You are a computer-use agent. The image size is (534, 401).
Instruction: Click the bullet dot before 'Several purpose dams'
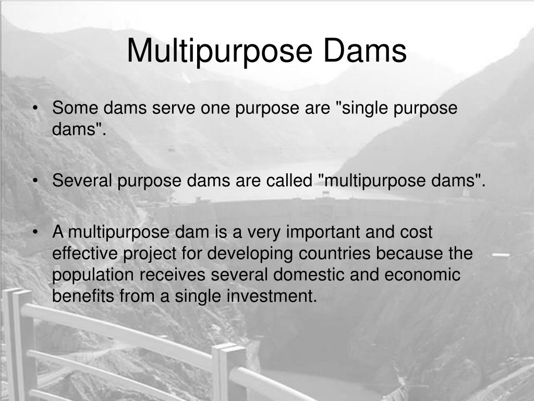(x=35, y=181)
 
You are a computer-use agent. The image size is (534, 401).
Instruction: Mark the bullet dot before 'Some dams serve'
(x=35, y=109)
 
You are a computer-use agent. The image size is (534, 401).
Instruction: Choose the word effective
(x=85, y=254)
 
